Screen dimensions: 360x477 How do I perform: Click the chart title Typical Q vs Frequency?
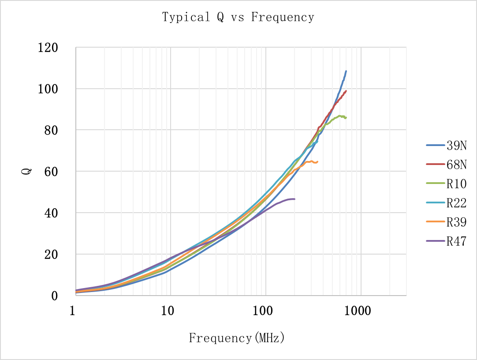[x=238, y=17]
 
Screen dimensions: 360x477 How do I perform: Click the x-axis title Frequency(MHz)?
[x=237, y=338]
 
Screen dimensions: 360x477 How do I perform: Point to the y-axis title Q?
[x=26, y=171]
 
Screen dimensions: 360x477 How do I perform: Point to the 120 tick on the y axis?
[x=48, y=47]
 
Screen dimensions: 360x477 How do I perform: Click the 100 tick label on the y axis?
[x=48, y=89]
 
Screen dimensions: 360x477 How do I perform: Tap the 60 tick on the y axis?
[x=51, y=171]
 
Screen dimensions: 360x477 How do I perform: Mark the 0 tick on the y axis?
[x=55, y=296]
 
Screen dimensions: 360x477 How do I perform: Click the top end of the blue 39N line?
[x=346, y=71]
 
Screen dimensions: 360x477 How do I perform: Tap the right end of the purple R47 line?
[x=294, y=199]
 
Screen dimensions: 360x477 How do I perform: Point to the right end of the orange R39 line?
[x=317, y=161]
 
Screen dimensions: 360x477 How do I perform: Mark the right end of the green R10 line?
[x=346, y=118]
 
